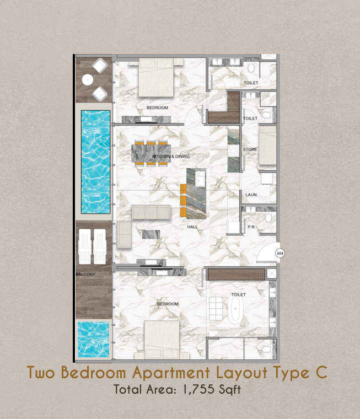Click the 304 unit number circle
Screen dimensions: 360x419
280,253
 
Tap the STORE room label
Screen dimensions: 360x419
250,149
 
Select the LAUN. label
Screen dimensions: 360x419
251,195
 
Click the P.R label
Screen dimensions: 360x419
251,227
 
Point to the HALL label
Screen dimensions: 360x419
192,227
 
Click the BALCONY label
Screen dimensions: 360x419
85,274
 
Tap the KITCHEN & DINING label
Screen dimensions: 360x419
171,157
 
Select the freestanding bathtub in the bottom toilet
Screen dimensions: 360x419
235,309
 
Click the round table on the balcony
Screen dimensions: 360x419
88,79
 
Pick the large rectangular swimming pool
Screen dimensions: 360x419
96,162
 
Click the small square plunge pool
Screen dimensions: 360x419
94,340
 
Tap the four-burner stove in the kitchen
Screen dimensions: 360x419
233,151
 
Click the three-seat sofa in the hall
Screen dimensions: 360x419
151,212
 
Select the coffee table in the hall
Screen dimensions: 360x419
151,234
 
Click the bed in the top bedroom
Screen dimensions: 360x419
156,78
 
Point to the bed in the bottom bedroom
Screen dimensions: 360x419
162,340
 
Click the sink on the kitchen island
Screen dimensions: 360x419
200,179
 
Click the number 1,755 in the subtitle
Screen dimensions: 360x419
199,389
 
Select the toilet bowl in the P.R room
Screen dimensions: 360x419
268,218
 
